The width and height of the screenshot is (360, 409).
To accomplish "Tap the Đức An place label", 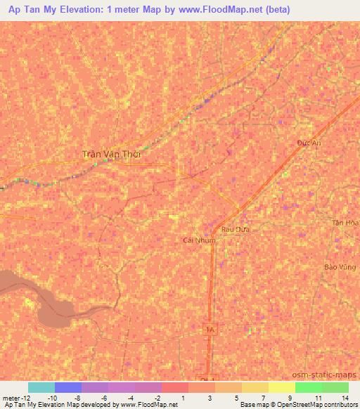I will click(x=309, y=142).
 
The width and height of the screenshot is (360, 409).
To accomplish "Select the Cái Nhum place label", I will click(x=199, y=240).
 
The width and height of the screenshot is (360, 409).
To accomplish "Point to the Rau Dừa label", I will click(x=236, y=229).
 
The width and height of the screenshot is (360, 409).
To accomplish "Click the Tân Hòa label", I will click(x=346, y=222).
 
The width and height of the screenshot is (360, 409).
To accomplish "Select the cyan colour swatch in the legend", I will click(x=41, y=387).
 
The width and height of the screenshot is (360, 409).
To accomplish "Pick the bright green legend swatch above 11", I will click(x=308, y=387).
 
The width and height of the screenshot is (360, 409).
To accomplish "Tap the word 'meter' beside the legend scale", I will click(x=11, y=397).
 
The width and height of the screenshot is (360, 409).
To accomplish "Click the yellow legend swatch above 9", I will click(x=281, y=387).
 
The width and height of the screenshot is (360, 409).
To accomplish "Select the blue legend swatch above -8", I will click(x=68, y=387).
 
